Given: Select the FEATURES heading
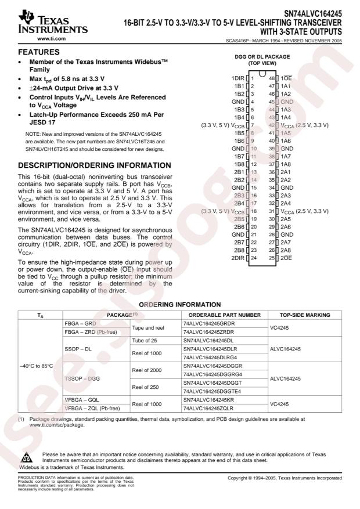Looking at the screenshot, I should coord(34,52).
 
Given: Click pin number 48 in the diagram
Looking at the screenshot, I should coord(271,77).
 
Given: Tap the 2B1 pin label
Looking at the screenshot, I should coord(238,172).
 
